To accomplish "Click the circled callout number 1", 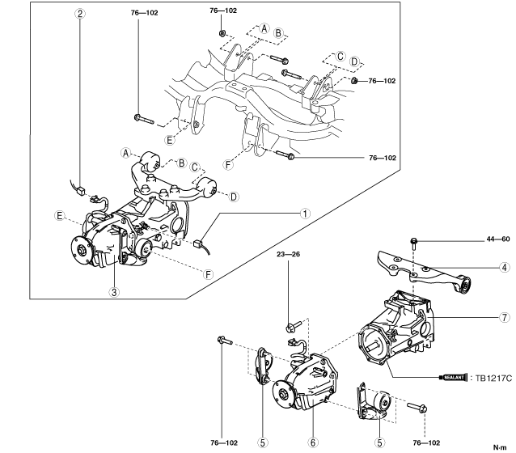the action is coord(305,214).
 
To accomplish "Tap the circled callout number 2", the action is coord(80,14).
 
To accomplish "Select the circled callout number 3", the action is coord(114,292).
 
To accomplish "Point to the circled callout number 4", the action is coord(504,267).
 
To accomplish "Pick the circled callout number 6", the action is coord(313,442).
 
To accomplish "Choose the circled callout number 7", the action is coord(504,317).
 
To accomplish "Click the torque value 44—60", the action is coord(498,239).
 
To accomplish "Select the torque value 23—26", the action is coord(288,254).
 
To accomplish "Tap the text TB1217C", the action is coord(493,379).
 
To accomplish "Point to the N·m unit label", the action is coord(500,447).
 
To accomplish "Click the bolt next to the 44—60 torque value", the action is coord(413,244).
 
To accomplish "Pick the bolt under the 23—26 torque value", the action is coord(294,326).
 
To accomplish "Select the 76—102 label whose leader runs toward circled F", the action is coord(383,158).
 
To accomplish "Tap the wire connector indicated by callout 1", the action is coord(198,243).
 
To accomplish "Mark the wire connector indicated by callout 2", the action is coord(81,191).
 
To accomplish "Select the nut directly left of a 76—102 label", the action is coord(354,80).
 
